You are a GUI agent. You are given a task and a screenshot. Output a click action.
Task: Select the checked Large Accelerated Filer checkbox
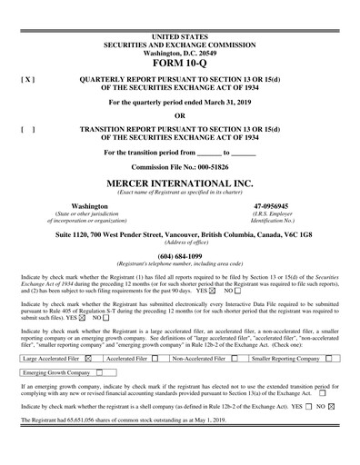(87, 359)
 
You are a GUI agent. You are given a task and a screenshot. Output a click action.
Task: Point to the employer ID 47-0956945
(273, 206)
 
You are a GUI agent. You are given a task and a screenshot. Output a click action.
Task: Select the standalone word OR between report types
(179, 115)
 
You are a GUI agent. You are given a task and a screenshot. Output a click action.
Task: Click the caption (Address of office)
(179, 242)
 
